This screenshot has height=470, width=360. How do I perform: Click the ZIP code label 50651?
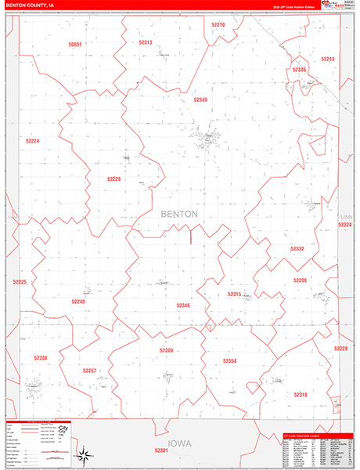75,45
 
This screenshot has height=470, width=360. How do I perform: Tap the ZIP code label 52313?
146,42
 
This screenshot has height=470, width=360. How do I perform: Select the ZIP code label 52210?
218,24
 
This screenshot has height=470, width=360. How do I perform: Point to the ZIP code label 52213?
328,59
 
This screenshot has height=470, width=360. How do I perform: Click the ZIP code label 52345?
299,70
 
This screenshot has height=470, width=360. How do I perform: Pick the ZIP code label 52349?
201,99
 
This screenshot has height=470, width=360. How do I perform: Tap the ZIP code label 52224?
32,140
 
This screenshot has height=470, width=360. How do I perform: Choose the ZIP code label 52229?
114,179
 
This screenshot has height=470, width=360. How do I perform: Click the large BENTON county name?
179,214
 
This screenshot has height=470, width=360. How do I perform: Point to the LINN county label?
347,215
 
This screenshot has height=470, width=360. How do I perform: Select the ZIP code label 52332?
297,248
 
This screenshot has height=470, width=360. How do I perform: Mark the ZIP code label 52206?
301,280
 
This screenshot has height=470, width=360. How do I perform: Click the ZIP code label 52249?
78,301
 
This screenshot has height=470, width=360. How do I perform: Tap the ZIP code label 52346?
183,305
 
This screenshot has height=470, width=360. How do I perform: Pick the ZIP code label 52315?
234,294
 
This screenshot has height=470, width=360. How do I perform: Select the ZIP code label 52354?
229,360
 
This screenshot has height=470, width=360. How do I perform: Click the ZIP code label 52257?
90,371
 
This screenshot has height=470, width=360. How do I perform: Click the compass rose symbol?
82,454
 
